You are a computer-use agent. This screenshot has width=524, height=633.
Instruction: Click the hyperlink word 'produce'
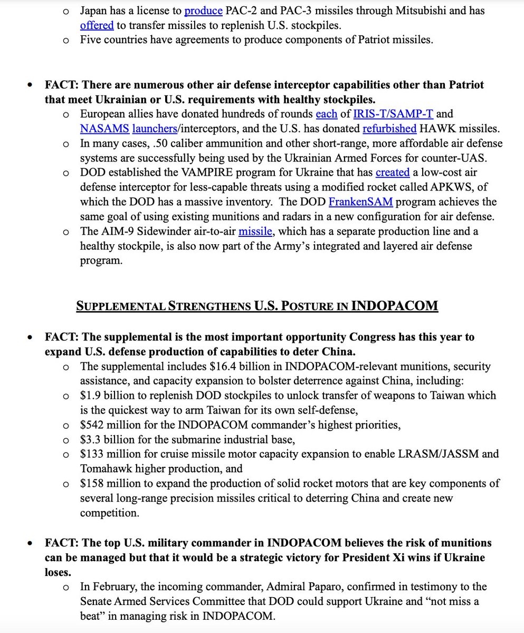click(x=203, y=11)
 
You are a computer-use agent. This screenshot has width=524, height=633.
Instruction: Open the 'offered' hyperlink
click(x=98, y=25)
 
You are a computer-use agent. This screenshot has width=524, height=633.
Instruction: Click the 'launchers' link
click(x=154, y=129)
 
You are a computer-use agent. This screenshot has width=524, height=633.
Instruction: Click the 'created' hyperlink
click(x=393, y=173)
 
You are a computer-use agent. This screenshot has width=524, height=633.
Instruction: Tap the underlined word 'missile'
click(x=255, y=232)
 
